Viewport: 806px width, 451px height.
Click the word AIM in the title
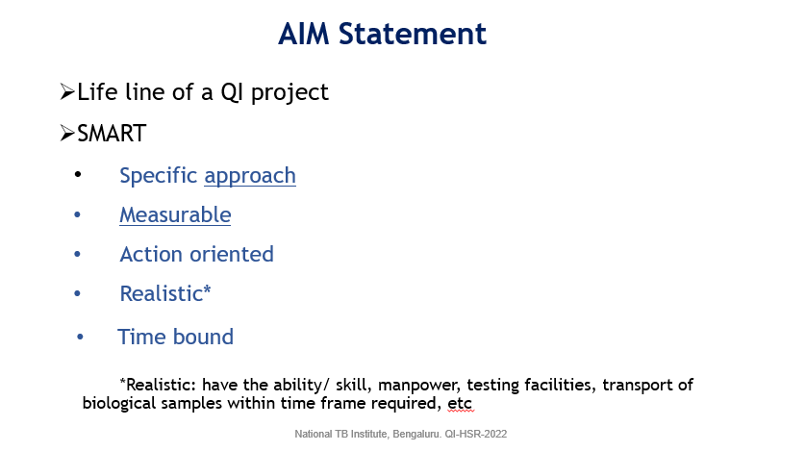click(x=303, y=34)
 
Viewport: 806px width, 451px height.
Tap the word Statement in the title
click(x=413, y=34)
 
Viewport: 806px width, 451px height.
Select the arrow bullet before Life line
click(x=67, y=92)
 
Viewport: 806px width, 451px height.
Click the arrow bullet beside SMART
click(x=67, y=133)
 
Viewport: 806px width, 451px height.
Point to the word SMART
click(x=113, y=134)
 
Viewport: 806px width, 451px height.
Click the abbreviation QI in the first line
click(x=231, y=93)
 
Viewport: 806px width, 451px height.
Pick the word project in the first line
click(x=290, y=93)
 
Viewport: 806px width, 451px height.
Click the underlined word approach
click(x=250, y=176)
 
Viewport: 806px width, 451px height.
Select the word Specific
click(x=159, y=176)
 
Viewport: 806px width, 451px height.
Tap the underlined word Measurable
click(x=175, y=214)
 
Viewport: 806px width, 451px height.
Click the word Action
click(x=151, y=254)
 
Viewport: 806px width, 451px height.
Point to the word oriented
click(x=232, y=254)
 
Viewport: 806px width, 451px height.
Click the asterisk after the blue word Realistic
click(x=207, y=289)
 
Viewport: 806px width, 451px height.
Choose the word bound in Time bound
click(x=203, y=337)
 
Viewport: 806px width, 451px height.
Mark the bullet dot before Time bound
click(x=80, y=337)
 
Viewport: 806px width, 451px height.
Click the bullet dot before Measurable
click(x=78, y=214)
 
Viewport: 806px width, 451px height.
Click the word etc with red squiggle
click(x=460, y=404)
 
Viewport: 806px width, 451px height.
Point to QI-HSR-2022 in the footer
click(x=476, y=434)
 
